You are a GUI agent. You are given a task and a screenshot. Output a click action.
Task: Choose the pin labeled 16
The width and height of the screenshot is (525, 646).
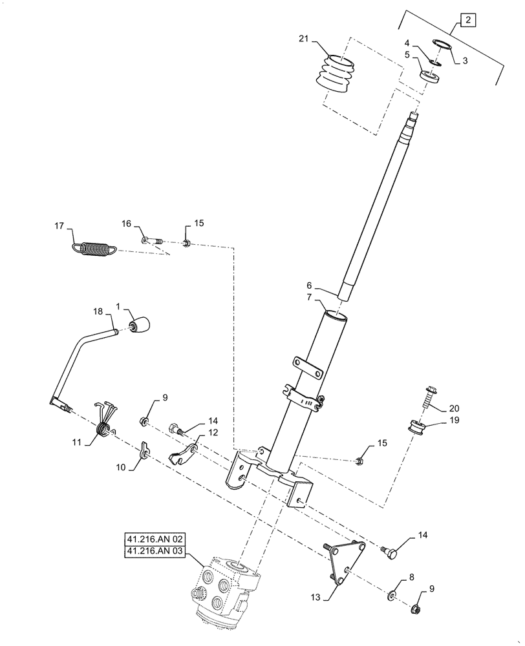(x=152, y=242)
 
